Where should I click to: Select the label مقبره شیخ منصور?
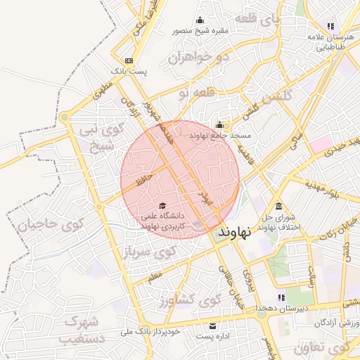pyautogui.click(x=200, y=32)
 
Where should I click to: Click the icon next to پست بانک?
pyautogui.click(x=128, y=60)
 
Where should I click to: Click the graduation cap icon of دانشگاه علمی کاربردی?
pyautogui.click(x=153, y=205)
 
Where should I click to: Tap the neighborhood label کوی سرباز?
pyautogui.click(x=150, y=253)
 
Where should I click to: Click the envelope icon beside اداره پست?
pyautogui.click(x=213, y=326)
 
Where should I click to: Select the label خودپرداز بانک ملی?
pyautogui.click(x=150, y=330)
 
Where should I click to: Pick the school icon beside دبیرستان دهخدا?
pyautogui.click(x=282, y=297)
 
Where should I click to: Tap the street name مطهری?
pyautogui.click(x=103, y=91)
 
